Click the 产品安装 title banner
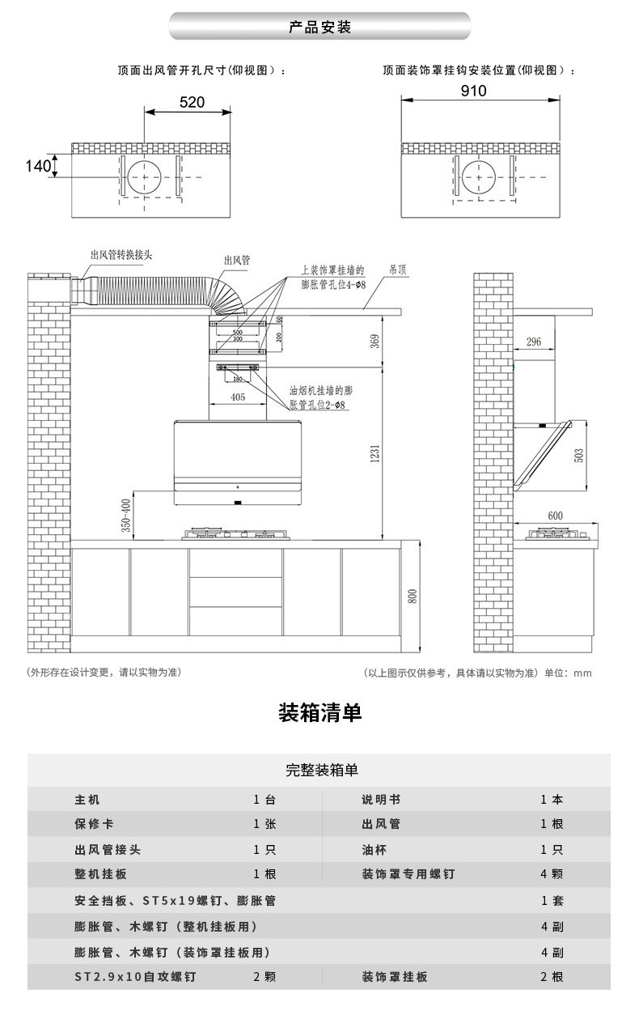coord(319,28)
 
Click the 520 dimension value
coord(191,102)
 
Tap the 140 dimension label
coord(37,167)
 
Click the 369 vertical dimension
coord(375,341)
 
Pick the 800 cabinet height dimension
coord(413,597)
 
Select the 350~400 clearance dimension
coord(125,515)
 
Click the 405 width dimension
coord(239,397)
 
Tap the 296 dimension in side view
coord(533,342)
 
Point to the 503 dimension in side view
coord(578,455)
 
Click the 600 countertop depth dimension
coord(555,516)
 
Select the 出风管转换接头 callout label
coord(121,255)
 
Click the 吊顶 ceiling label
coord(397,267)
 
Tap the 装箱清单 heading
coord(319,713)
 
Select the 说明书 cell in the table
coord(380,799)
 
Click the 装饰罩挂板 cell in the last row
coord(394,977)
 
